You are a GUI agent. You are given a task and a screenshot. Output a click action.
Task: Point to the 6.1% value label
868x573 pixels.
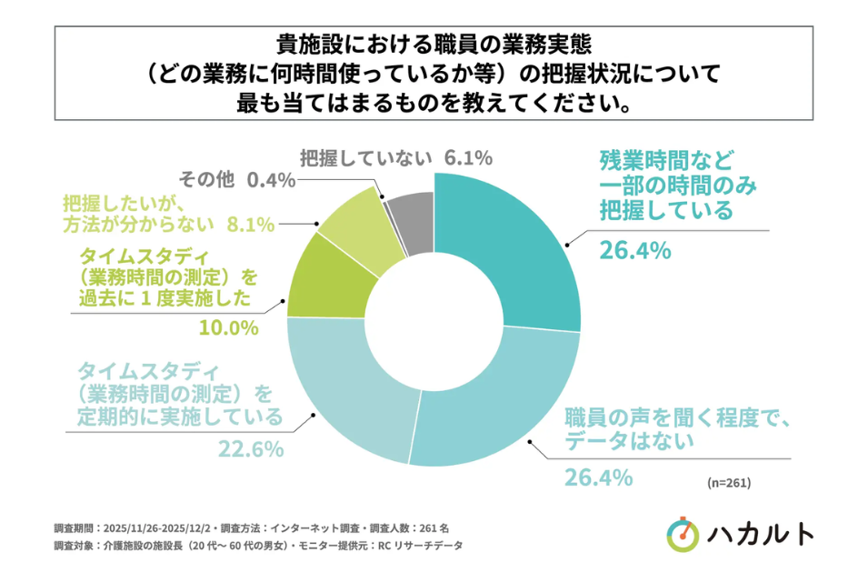(x=468, y=157)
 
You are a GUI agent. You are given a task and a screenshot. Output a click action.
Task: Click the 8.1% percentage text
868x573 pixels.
(x=249, y=224)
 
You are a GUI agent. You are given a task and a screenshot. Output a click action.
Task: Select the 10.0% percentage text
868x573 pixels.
(x=229, y=327)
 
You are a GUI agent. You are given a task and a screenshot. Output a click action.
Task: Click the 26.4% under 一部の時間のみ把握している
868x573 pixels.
(x=634, y=249)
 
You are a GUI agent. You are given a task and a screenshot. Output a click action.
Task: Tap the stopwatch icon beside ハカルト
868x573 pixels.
(x=683, y=533)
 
